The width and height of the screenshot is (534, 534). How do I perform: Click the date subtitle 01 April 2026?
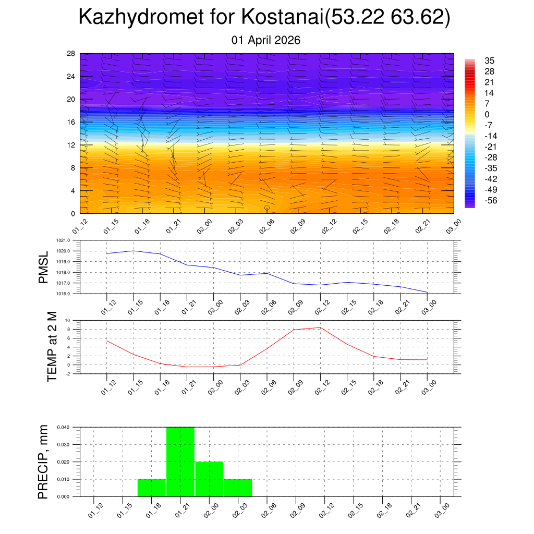[x=266, y=40]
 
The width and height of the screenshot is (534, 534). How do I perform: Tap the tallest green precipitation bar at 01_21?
[x=180, y=462]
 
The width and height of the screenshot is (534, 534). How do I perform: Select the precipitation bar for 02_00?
[x=209, y=479]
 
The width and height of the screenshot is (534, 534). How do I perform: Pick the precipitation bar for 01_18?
[x=152, y=488]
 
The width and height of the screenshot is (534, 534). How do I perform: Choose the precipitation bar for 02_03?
[x=238, y=488]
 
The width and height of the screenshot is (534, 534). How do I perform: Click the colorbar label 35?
[x=489, y=60]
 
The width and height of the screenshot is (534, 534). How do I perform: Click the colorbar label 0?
[x=487, y=115]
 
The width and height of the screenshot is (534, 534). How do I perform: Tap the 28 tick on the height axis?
[x=71, y=54]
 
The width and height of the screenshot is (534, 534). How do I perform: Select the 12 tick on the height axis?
[x=71, y=145]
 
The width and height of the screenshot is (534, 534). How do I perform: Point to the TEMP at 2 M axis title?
[x=52, y=346]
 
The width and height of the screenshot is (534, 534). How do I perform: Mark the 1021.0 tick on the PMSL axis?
[x=69, y=240]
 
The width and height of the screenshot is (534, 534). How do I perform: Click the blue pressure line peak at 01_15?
[x=134, y=251]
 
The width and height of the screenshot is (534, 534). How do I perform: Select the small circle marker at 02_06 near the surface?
[x=267, y=208]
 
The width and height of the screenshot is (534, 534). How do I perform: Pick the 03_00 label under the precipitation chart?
[x=441, y=509]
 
